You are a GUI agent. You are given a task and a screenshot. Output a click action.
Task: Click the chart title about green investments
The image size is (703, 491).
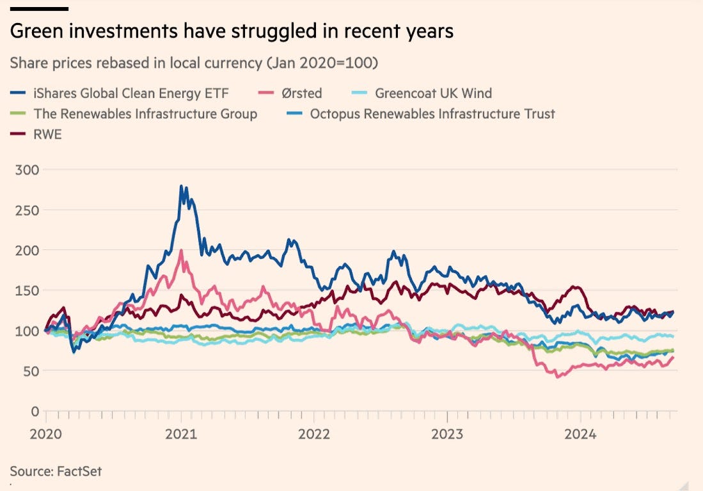pos(232,31)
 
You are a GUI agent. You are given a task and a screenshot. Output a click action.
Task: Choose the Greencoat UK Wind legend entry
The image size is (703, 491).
pos(433,93)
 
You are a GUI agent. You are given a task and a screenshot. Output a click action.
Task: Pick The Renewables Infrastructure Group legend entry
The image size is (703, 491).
pos(145,114)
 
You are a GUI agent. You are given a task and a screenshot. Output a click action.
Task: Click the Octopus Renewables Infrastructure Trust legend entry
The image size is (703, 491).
pos(432,114)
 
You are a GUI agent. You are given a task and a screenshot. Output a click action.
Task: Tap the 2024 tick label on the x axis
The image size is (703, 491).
pos(580,434)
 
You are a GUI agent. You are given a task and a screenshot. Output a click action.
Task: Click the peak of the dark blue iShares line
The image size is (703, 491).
pos(181,186)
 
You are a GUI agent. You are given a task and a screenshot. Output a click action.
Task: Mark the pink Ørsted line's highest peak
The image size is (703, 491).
pos(182,251)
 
